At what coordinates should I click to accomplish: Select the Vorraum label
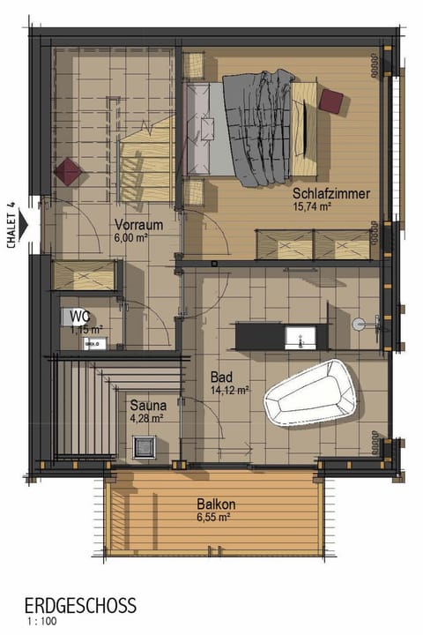tap(138, 225)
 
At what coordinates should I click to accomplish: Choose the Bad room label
tap(220, 375)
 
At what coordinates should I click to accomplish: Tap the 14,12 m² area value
tap(228, 389)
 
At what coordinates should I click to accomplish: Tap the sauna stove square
tap(146, 446)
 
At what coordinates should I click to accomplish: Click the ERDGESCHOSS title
tap(80, 606)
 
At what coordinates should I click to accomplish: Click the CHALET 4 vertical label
tap(11, 227)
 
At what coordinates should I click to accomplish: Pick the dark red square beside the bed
tap(330, 100)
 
